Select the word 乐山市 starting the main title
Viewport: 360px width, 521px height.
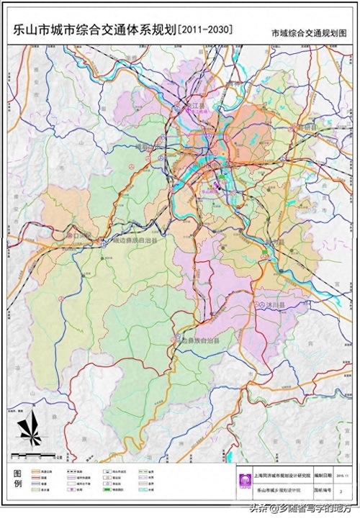tap(29, 30)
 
